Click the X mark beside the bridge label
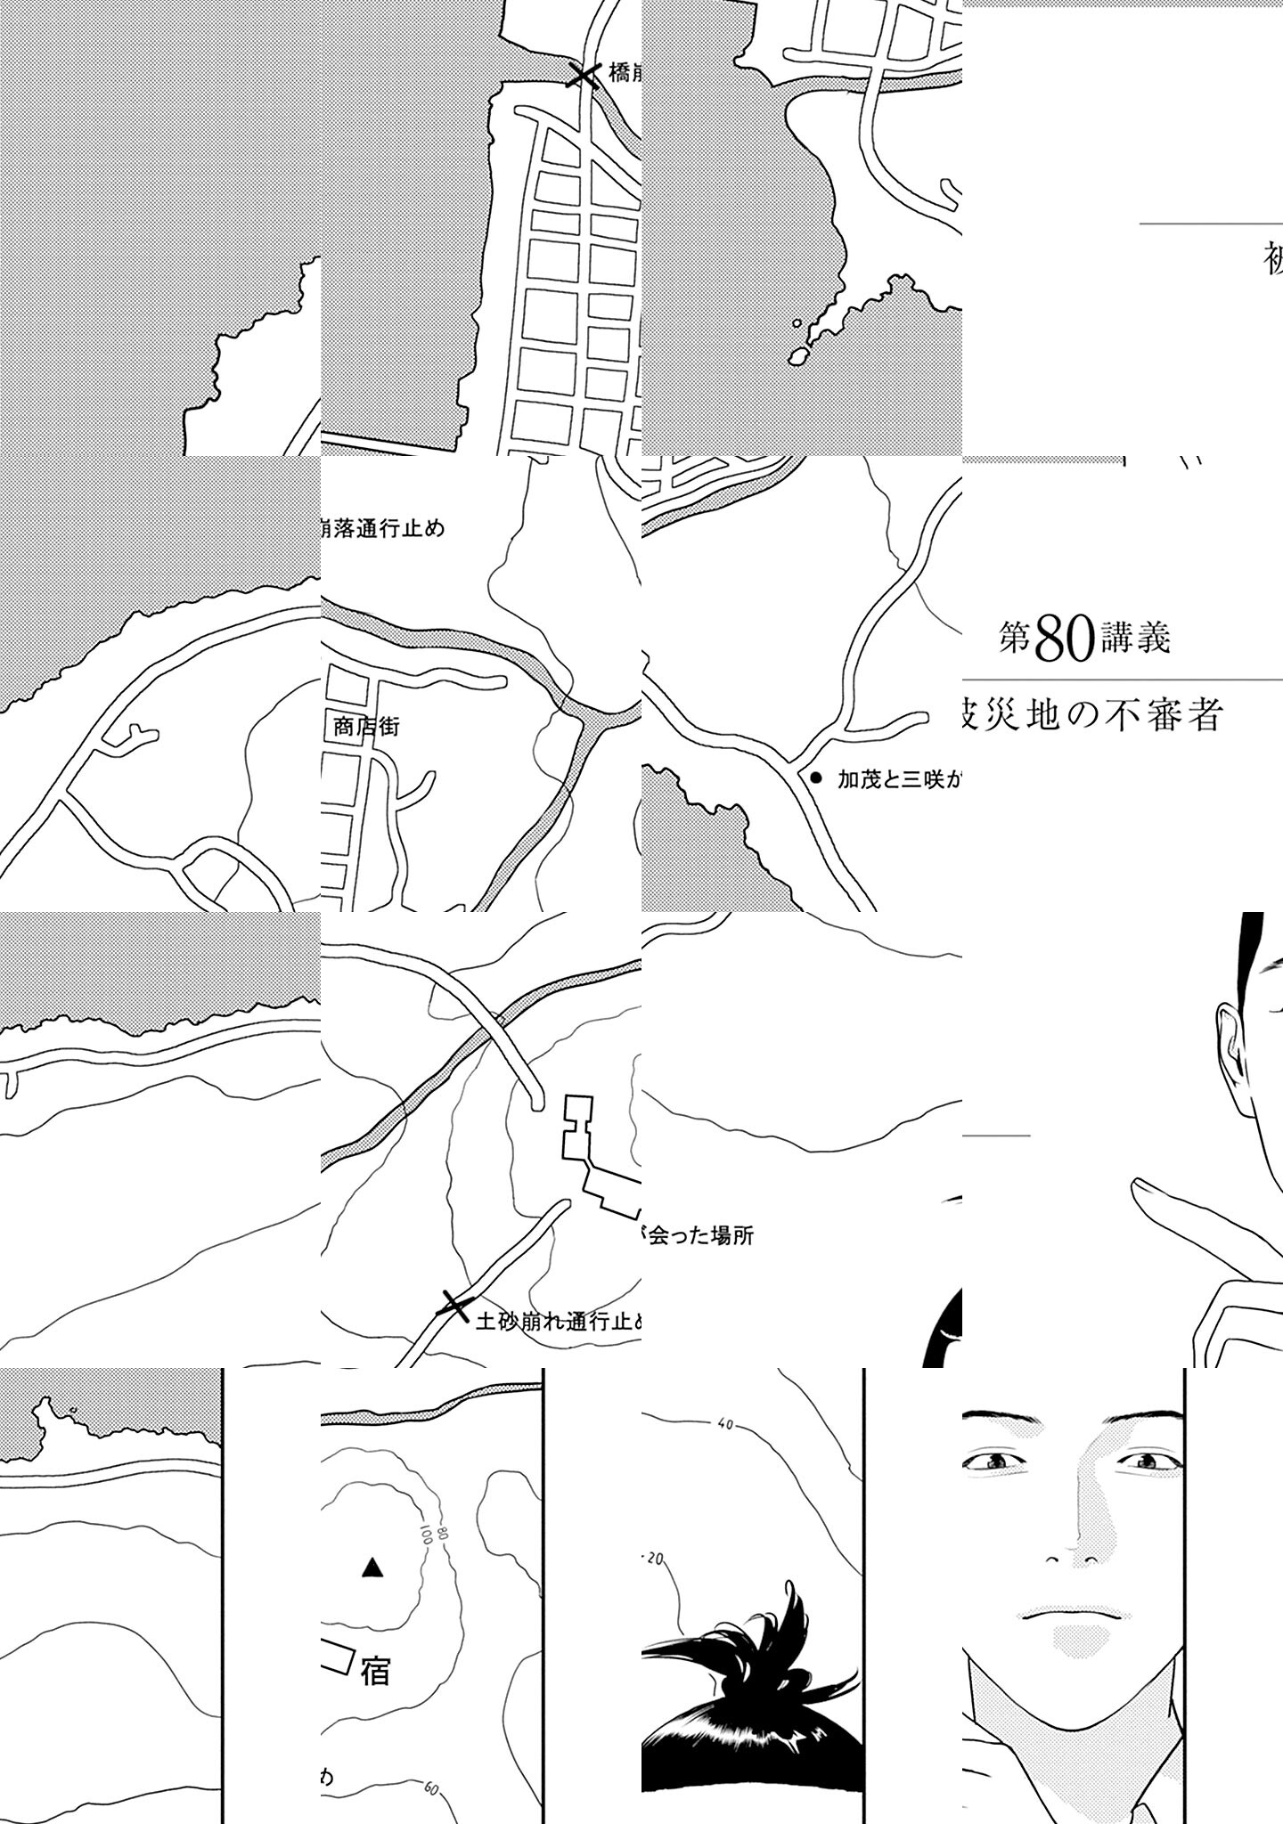click(584, 76)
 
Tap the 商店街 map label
click(366, 727)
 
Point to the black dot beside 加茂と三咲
click(814, 778)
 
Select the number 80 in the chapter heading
click(1066, 639)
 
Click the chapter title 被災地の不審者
click(1092, 715)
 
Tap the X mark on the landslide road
click(454, 1307)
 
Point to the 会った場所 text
click(699, 1236)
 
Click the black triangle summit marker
click(372, 1568)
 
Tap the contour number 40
click(724, 1450)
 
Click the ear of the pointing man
click(1230, 1038)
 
